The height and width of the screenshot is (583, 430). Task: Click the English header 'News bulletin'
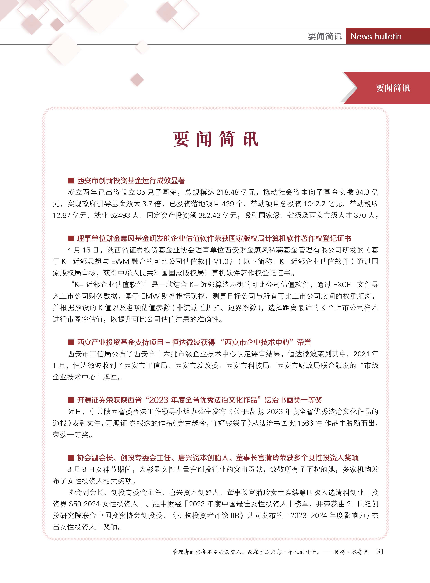point(376,36)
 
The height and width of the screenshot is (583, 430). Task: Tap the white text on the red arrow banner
point(393,88)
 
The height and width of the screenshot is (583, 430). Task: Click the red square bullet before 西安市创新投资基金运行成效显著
point(71,181)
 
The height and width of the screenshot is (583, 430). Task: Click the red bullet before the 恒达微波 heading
point(71,342)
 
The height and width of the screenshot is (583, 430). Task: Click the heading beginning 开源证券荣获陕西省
point(199,400)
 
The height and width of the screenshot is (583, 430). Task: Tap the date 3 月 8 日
point(81,470)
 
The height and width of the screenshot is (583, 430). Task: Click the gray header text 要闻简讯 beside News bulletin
point(325,36)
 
